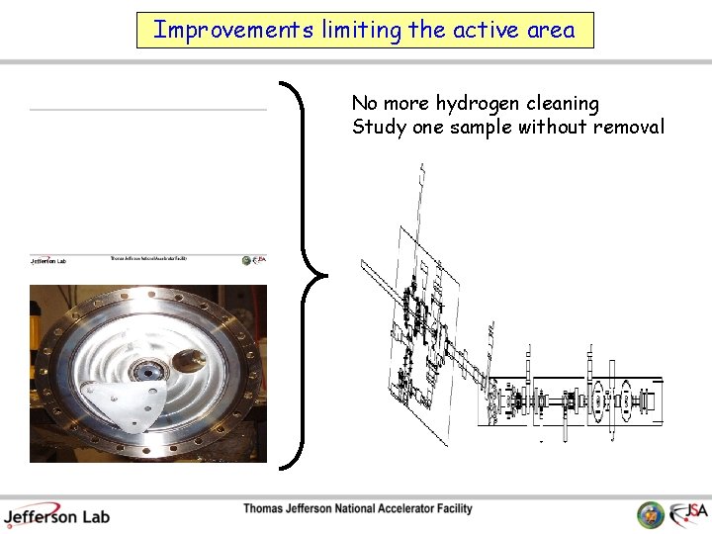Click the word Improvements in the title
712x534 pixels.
233,30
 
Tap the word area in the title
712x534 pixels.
551,30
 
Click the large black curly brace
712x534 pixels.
301,274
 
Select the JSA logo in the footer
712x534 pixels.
688,514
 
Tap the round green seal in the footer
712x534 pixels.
651,515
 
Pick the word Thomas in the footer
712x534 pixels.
266,509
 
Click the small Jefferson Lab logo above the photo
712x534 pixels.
47,260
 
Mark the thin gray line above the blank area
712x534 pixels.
148,109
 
